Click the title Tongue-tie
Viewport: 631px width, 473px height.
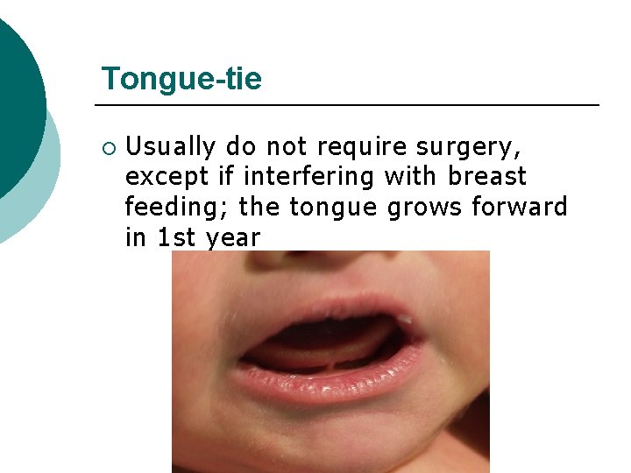(x=181, y=79)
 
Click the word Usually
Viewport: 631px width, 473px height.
(x=170, y=145)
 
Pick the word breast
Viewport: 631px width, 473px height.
(x=486, y=176)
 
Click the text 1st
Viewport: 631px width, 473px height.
(x=176, y=237)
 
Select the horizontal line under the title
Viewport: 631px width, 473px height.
(x=351, y=105)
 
